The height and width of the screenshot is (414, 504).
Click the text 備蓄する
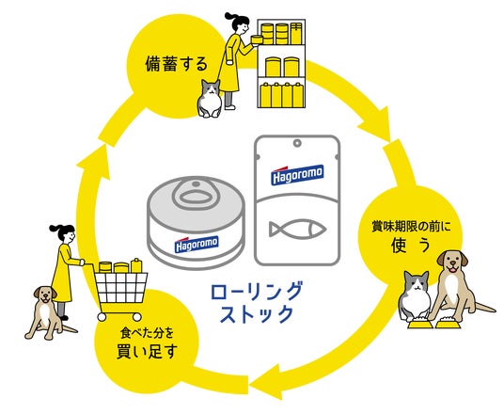click(177, 64)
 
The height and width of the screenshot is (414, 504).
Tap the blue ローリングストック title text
click(257, 302)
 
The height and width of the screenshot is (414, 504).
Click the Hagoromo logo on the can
click(197, 245)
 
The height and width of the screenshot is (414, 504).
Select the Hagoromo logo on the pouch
click(297, 175)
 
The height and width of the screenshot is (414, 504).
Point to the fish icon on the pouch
click(298, 230)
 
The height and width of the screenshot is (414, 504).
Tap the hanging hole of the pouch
click(297, 142)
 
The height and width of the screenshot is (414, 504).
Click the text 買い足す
click(147, 351)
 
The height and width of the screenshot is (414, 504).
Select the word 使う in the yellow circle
click(411, 246)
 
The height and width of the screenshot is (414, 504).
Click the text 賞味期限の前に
click(411, 227)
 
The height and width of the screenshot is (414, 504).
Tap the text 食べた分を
click(147, 333)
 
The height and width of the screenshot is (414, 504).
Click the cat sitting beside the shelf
click(210, 99)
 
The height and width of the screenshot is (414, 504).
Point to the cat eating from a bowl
click(415, 295)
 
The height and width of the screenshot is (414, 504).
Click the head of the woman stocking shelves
click(239, 24)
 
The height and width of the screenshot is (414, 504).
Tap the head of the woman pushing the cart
click(64, 232)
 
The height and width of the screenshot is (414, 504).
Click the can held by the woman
click(257, 40)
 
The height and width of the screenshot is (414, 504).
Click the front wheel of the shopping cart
click(102, 317)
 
